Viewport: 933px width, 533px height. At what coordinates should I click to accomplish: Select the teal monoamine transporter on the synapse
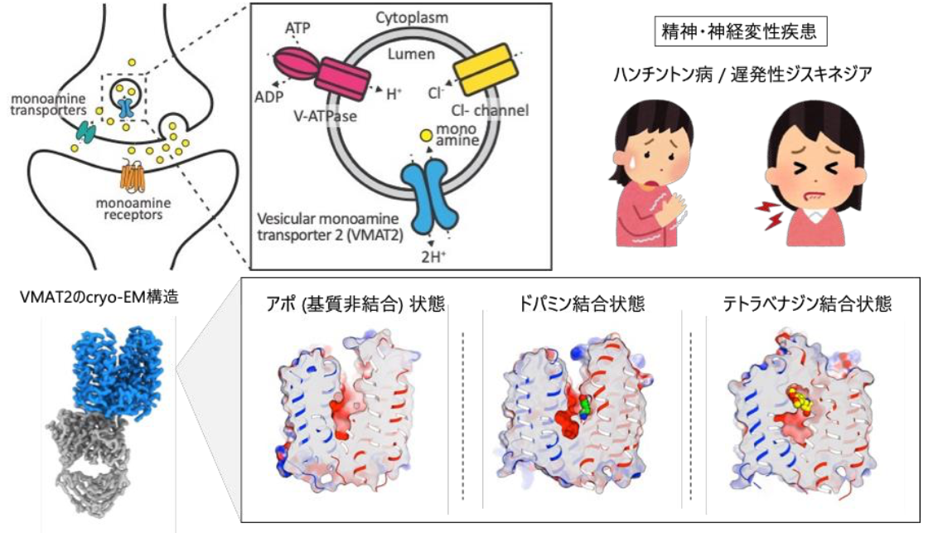pos(86,129)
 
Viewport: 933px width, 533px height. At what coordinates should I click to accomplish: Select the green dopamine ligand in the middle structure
pos(586,407)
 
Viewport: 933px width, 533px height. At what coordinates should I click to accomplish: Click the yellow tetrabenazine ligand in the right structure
pos(799,399)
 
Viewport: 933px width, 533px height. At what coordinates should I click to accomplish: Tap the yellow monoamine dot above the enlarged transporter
pos(424,134)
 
